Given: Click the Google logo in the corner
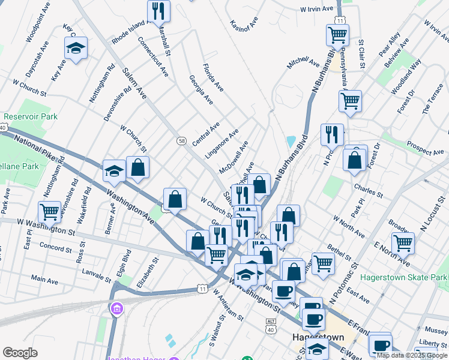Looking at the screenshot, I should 20,353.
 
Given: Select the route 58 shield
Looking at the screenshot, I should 181,140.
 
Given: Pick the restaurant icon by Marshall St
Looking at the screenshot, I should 158,11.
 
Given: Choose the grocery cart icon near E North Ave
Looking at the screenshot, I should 403,243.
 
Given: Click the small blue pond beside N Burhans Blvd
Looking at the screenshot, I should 291,142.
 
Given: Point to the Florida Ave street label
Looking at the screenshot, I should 212,77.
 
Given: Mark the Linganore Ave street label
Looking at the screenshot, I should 221,143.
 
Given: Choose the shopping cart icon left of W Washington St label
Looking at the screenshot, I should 49,212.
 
